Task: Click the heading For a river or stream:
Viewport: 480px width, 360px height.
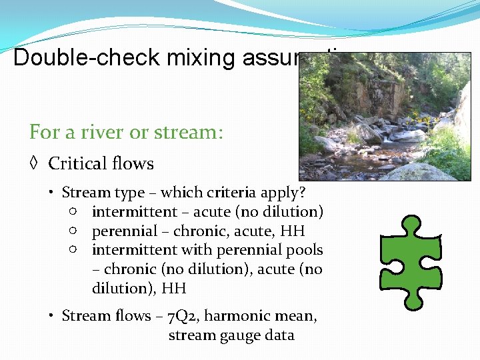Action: [126, 132]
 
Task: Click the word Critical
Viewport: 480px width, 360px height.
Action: [78, 164]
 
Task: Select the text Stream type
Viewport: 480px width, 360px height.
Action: [103, 193]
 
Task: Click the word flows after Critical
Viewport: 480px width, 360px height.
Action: [132, 164]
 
